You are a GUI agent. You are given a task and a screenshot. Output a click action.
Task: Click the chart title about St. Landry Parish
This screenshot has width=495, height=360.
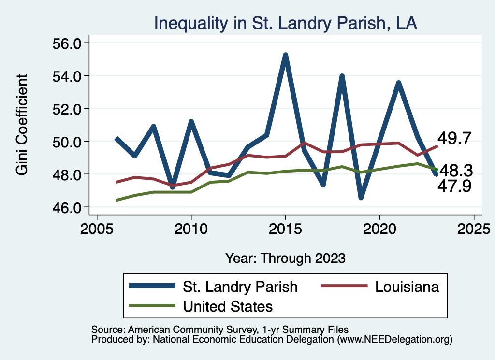point(285,23)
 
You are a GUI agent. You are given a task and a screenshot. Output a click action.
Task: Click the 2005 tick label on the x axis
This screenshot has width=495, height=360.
point(97,228)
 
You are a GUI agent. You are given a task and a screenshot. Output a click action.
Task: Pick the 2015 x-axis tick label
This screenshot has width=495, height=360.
point(285,228)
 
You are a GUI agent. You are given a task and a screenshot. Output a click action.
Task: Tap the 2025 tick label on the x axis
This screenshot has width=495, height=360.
point(474,228)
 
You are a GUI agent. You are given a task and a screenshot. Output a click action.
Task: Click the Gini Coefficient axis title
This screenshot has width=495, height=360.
point(22,125)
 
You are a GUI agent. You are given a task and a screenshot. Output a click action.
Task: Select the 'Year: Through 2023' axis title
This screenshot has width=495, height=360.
point(285,258)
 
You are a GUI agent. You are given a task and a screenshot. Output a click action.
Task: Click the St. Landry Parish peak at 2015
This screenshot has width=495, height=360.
point(285,55)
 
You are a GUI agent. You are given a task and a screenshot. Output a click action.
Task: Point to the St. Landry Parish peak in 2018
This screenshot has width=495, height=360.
point(342,76)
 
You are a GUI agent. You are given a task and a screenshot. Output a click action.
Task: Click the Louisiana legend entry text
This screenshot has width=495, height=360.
point(407,287)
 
